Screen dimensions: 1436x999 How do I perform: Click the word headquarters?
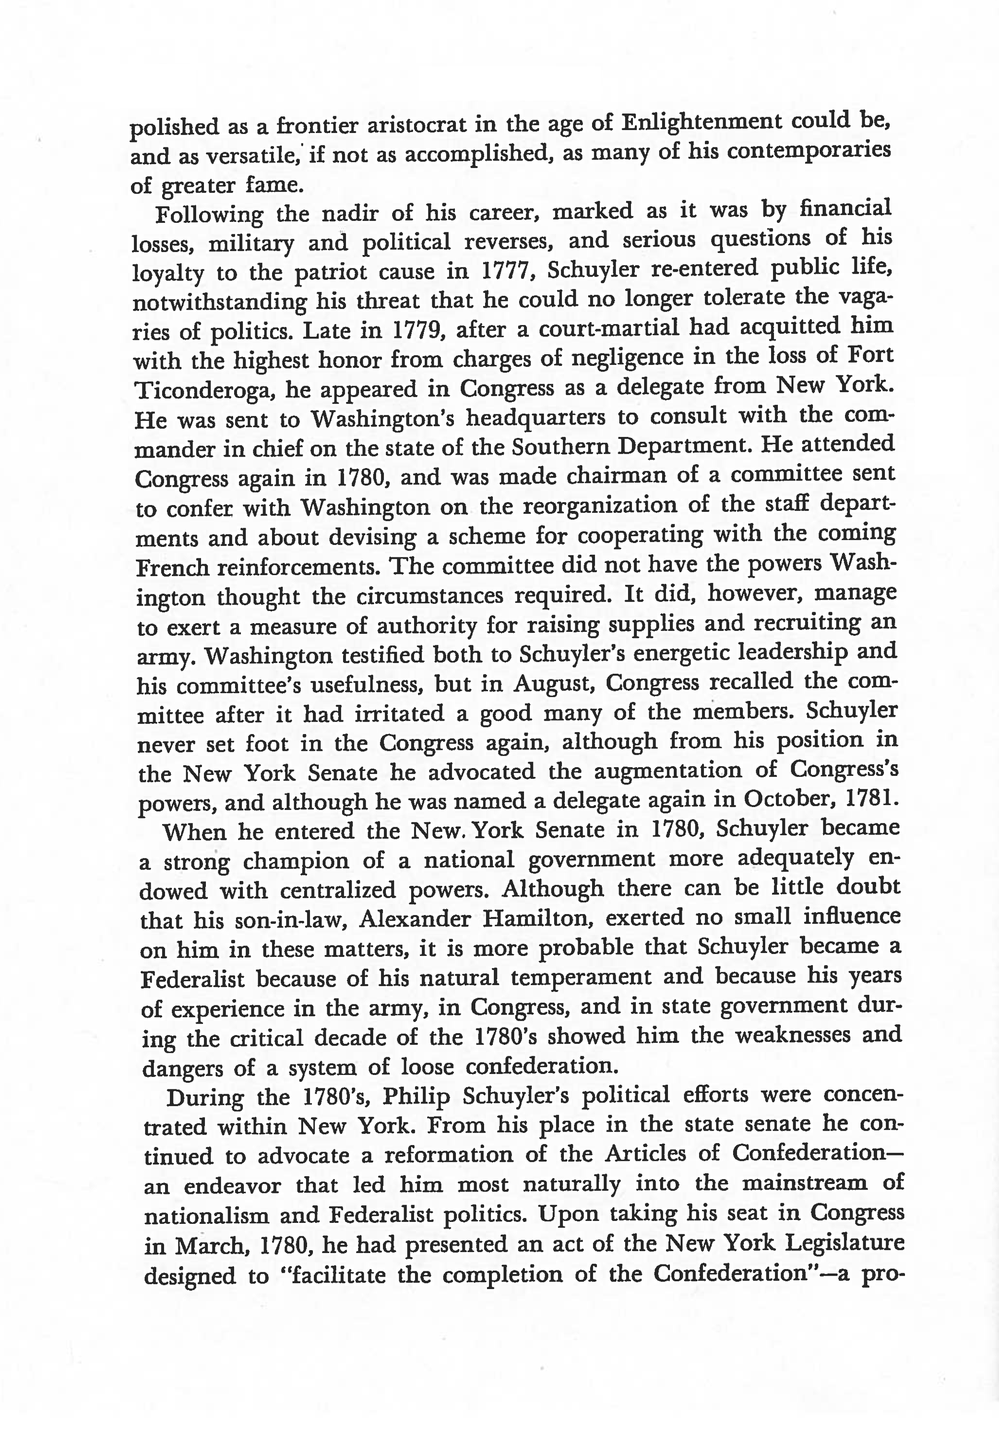pyautogui.click(x=535, y=417)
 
